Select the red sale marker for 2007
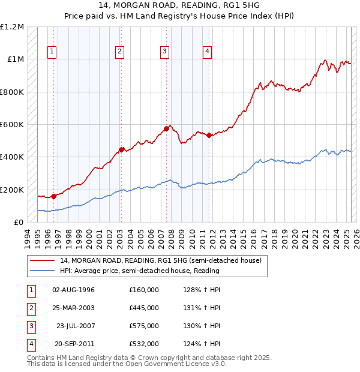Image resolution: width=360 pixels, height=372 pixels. tap(166, 128)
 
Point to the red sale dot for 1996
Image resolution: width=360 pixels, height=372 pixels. tap(54, 196)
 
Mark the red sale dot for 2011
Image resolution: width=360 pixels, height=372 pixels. tap(209, 136)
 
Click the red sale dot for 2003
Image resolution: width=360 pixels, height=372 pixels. tap(121, 149)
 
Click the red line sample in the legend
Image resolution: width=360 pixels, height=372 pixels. tap(43, 261)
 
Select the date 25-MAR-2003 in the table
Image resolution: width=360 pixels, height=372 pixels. tap(74, 308)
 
